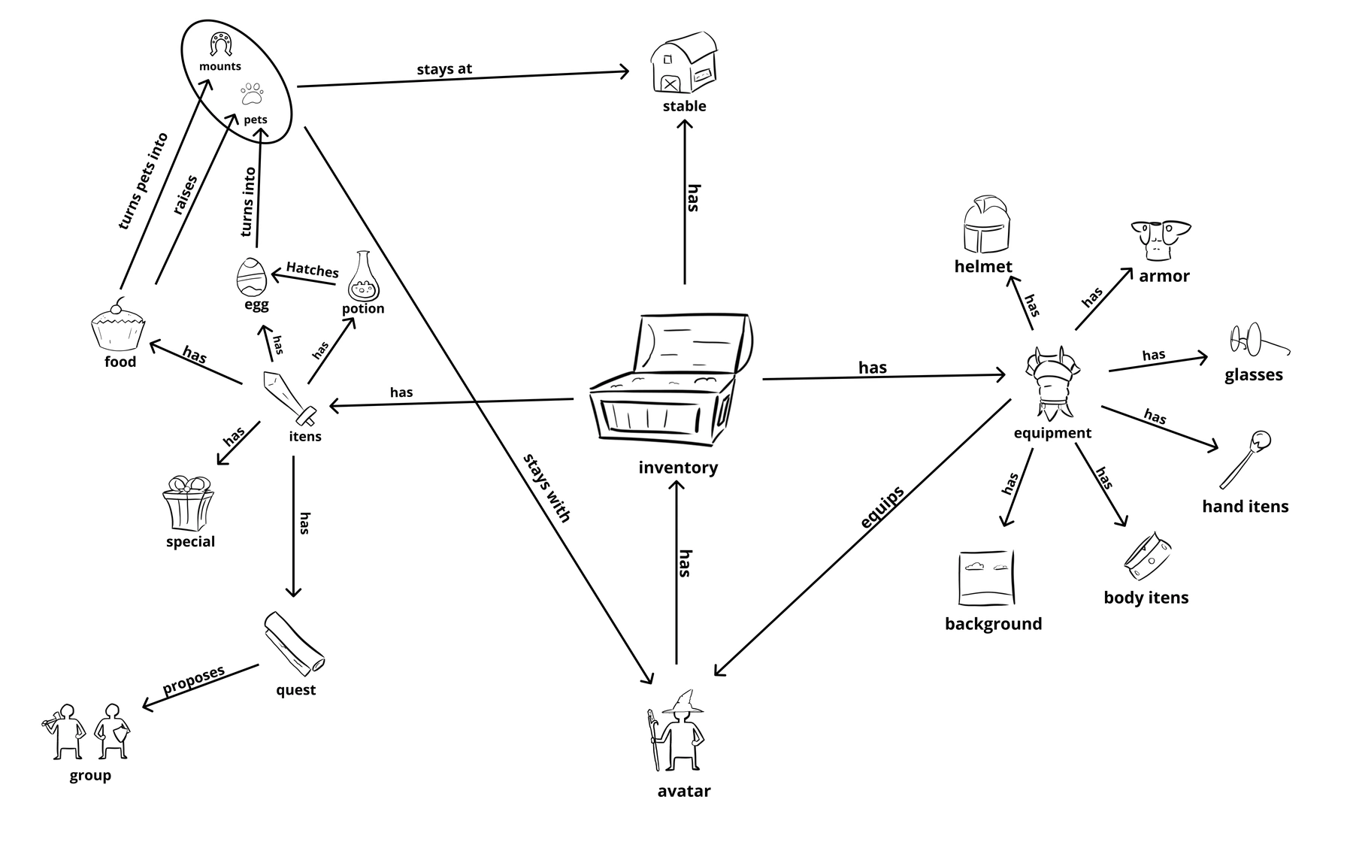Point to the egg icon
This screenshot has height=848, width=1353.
pos(251,277)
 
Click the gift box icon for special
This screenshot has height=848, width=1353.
pos(188,503)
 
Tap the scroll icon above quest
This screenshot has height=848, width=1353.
pos(294,644)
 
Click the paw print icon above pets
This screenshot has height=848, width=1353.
pos(253,95)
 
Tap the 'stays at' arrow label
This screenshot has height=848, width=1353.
pos(444,69)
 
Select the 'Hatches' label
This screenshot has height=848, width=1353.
pos(312,269)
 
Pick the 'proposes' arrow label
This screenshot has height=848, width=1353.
pos(194,680)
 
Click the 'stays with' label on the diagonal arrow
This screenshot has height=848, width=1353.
pos(547,487)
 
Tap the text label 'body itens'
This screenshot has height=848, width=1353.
pos(1146,598)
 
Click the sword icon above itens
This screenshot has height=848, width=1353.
pos(289,395)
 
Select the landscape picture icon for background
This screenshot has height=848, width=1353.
pos(986,577)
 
